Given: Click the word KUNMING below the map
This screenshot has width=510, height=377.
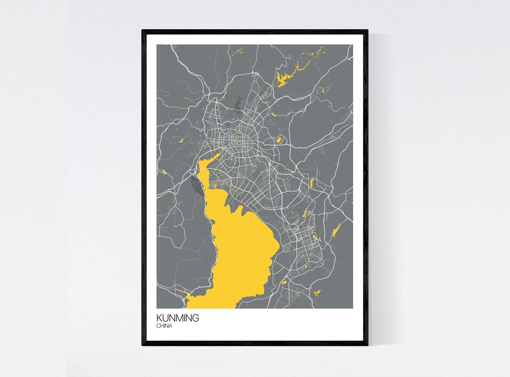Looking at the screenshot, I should pyautogui.click(x=178, y=318).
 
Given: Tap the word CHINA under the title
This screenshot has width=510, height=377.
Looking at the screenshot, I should pyautogui.click(x=165, y=326).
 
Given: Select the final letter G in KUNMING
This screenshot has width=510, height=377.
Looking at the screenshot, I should pyautogui.click(x=195, y=318).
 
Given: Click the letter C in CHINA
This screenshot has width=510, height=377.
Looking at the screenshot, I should pyautogui.click(x=158, y=326).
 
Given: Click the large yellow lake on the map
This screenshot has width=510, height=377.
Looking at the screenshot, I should pyautogui.click(x=241, y=254).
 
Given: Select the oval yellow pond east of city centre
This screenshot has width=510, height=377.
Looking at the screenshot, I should pyautogui.click(x=279, y=140).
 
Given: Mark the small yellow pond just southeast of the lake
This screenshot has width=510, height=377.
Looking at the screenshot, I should pyautogui.click(x=284, y=282).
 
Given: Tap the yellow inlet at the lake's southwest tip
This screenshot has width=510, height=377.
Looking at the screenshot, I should pyautogui.click(x=189, y=300).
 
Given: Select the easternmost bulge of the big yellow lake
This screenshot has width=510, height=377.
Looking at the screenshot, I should pyautogui.click(x=276, y=243).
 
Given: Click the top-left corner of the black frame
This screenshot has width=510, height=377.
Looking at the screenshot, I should pyautogui.click(x=143, y=31).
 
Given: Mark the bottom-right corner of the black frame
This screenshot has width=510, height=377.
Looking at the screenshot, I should pyautogui.click(x=367, y=345).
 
